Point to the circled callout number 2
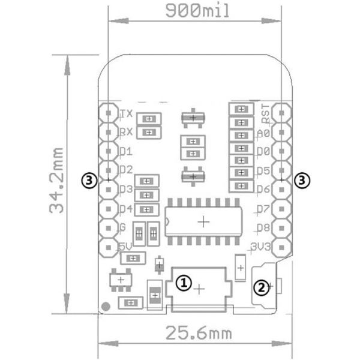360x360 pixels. [260, 287]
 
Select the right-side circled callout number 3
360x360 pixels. [304, 179]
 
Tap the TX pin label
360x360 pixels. [126, 113]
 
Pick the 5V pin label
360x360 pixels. [125, 246]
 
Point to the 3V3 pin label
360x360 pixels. [262, 246]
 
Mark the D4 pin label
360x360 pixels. [125, 208]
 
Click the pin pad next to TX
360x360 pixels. [109, 112]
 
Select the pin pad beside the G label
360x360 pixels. [109, 227]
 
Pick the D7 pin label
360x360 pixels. [263, 209]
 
